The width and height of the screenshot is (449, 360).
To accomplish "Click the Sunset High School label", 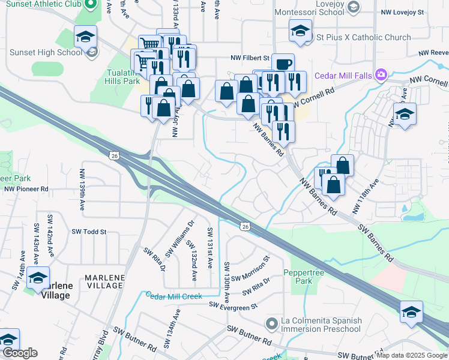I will pyautogui.click(x=46, y=52).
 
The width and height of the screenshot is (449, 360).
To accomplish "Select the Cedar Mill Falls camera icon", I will pyautogui.click(x=381, y=74).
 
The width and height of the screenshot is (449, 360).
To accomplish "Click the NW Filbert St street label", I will pyautogui.click(x=252, y=58).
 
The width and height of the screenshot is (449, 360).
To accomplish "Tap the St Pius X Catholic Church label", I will pyautogui.click(x=363, y=37).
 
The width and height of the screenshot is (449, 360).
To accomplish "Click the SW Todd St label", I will pyautogui.click(x=89, y=232).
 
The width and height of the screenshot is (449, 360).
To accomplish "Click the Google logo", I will pyautogui.click(x=20, y=353).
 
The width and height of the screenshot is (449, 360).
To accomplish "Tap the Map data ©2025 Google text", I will pyautogui.click(x=412, y=355).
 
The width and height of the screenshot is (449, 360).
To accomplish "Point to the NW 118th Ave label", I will pyautogui.click(x=366, y=196).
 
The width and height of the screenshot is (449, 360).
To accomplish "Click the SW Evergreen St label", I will pyautogui.click(x=233, y=306).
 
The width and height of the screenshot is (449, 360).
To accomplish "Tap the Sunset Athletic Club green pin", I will pyautogui.click(x=91, y=5).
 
